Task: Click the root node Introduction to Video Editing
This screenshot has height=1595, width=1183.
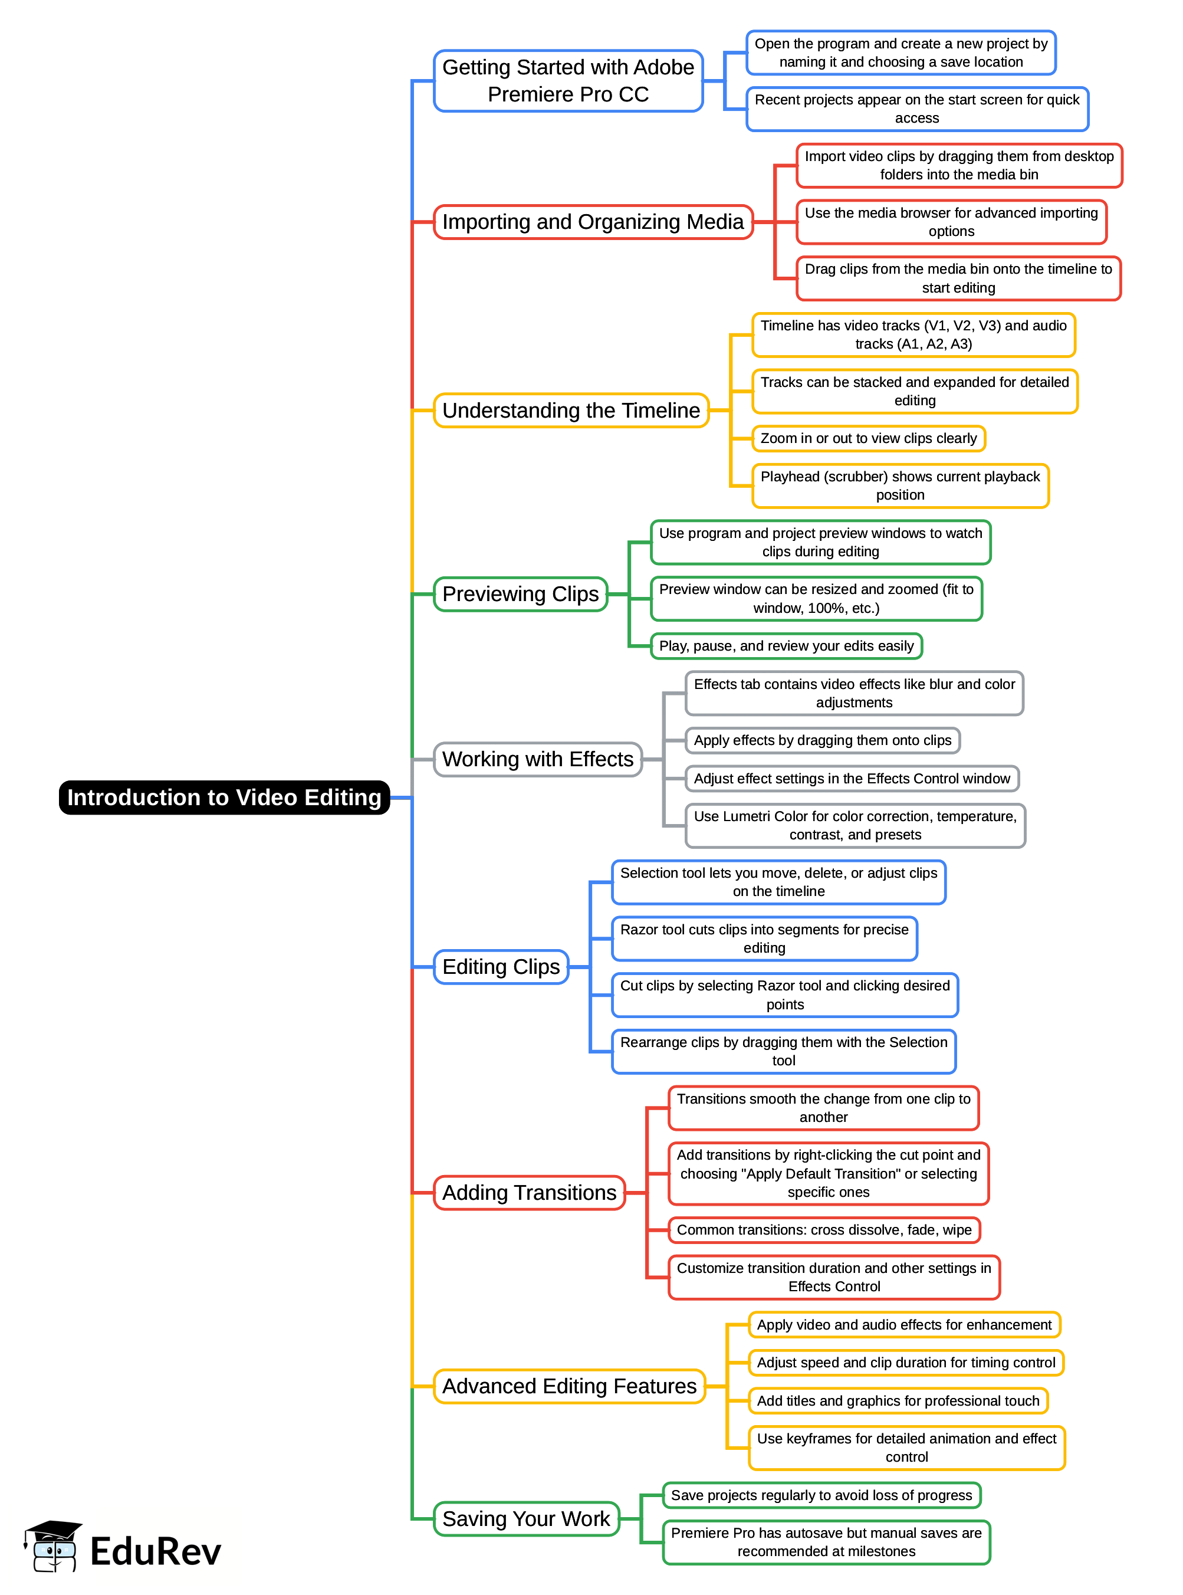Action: [224, 797]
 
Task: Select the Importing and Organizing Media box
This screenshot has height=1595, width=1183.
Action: [593, 222]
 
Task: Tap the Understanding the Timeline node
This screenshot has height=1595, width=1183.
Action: [571, 411]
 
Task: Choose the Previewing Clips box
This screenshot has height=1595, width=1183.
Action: [521, 594]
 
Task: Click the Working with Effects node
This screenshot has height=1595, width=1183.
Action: [538, 759]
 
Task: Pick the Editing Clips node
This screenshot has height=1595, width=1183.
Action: [501, 967]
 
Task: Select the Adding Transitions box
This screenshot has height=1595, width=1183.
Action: [529, 1193]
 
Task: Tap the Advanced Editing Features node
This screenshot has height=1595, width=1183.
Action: [569, 1386]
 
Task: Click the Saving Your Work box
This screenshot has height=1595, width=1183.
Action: [526, 1518]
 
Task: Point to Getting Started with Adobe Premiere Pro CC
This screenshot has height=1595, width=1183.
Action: [568, 81]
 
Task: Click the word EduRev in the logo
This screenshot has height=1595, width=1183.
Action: [156, 1552]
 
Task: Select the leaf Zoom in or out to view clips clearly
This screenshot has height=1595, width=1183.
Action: [869, 438]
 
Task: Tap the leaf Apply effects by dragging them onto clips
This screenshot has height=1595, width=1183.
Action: [822, 740]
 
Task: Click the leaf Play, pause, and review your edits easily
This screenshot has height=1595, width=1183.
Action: [786, 646]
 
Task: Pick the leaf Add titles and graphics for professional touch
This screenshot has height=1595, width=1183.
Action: [898, 1401]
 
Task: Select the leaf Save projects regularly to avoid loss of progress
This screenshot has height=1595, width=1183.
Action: [821, 1495]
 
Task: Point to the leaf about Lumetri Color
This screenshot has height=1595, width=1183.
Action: [855, 826]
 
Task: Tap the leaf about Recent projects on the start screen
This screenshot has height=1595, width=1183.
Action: [916, 109]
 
